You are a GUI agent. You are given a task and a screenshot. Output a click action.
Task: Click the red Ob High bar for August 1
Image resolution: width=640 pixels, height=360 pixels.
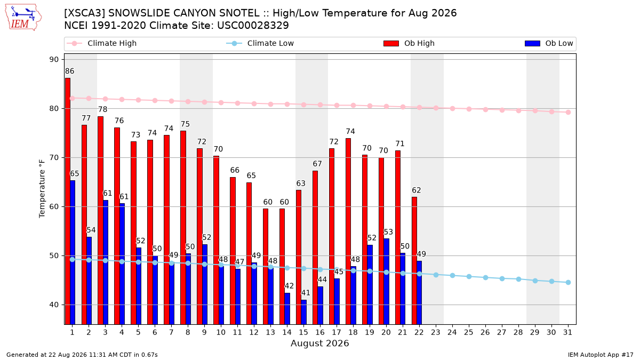coord(68,201)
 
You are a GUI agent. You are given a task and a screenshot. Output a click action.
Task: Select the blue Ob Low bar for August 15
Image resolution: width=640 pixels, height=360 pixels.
coord(303,312)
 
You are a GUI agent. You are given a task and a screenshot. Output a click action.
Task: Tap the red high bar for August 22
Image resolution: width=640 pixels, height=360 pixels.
coord(414,261)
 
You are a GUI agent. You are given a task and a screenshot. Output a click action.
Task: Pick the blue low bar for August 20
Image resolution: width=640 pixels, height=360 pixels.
coord(386,282)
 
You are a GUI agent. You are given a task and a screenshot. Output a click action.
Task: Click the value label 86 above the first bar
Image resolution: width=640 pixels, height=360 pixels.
coord(70,71)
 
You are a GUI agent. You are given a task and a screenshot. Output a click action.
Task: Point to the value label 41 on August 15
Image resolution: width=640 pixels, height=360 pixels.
coord(306,293)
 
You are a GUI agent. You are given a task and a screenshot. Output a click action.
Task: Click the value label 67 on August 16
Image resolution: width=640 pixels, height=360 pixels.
coord(317,164)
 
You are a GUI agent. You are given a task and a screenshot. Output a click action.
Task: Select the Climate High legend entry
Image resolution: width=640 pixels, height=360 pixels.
coord(102,43)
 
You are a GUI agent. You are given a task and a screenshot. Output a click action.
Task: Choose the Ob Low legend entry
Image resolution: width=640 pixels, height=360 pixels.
coord(549,43)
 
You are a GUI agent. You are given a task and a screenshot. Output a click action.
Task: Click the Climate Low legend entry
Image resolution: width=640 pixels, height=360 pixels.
coord(260,43)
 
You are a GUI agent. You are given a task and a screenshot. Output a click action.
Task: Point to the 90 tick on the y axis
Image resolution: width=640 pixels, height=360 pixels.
coord(54,59)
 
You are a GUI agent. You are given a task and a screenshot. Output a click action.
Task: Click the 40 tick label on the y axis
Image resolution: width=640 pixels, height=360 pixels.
coord(54,305)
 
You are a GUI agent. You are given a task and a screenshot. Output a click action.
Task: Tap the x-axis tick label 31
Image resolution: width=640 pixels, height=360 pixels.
coord(567,332)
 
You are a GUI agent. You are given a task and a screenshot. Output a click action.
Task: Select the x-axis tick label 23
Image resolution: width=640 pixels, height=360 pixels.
coord(436,332)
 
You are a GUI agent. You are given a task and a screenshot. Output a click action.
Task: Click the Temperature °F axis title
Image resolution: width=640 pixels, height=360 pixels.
coord(42,189)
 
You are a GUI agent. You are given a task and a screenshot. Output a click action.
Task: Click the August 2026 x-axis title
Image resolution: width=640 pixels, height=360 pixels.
coord(320,343)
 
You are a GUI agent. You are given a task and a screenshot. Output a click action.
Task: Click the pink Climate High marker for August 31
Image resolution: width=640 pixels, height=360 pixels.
coord(569,113)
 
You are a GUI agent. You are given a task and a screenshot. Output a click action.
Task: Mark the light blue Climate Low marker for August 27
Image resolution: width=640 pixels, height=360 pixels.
coord(502,278)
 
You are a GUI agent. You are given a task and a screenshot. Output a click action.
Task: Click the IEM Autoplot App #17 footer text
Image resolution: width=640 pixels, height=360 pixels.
coord(601,355)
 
